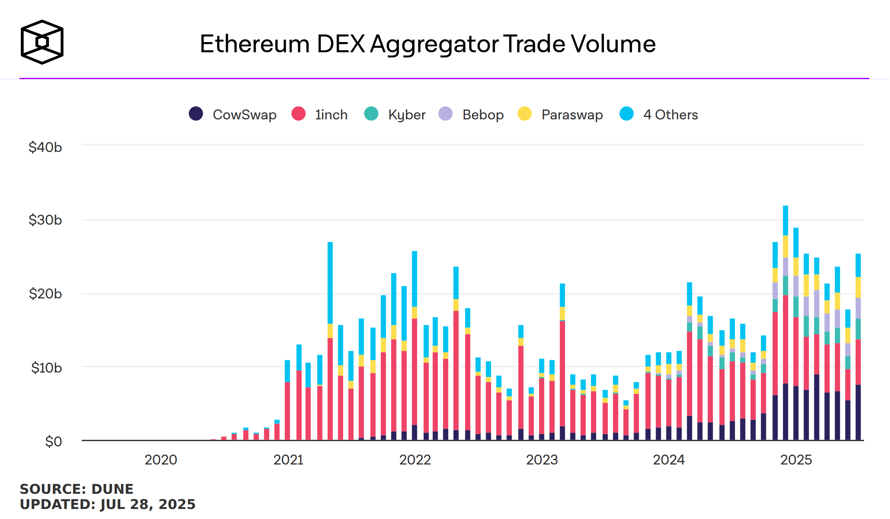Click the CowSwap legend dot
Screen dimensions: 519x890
[196, 114]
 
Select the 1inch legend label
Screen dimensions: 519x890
[331, 115]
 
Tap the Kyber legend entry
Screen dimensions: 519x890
[407, 115]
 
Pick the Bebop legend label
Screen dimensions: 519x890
[483, 115]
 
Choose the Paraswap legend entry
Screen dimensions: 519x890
[572, 115]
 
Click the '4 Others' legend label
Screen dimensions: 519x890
[670, 115]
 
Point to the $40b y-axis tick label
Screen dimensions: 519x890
[45, 148]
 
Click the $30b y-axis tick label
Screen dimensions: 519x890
[45, 220]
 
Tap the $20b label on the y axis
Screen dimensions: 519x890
[45, 294]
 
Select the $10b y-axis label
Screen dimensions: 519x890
[46, 368]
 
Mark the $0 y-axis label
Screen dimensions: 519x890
[53, 442]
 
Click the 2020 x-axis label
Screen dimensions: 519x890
[161, 460]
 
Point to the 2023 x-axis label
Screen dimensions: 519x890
[542, 460]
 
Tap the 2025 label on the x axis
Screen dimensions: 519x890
[796, 460]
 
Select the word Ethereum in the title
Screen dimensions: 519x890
[255, 44]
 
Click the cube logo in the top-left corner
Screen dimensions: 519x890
[42, 42]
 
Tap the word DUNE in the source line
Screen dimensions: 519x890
[112, 489]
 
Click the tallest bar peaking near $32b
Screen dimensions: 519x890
[785, 323]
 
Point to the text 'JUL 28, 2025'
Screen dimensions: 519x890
[148, 505]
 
